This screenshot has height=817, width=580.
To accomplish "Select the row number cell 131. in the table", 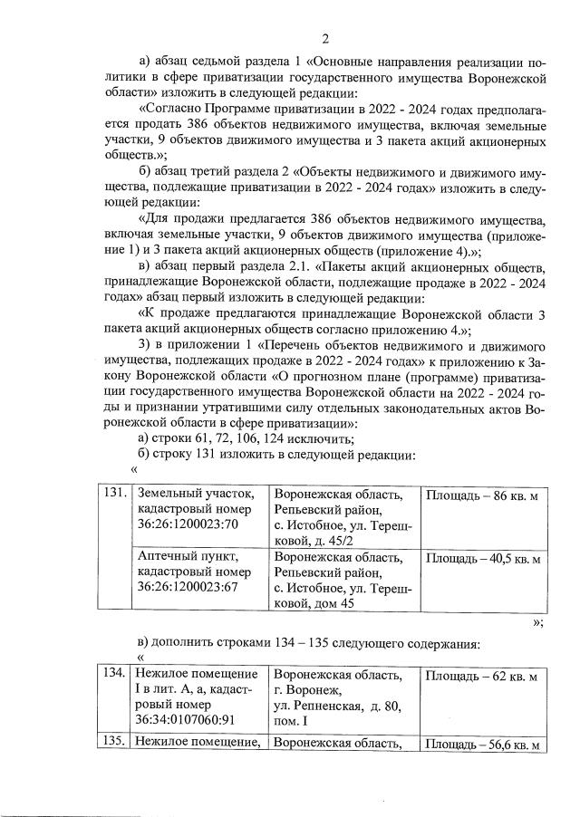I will click(x=113, y=495).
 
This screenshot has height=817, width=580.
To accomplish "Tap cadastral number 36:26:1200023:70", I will click(x=181, y=524).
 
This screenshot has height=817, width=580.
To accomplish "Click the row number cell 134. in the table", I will click(x=113, y=677).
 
